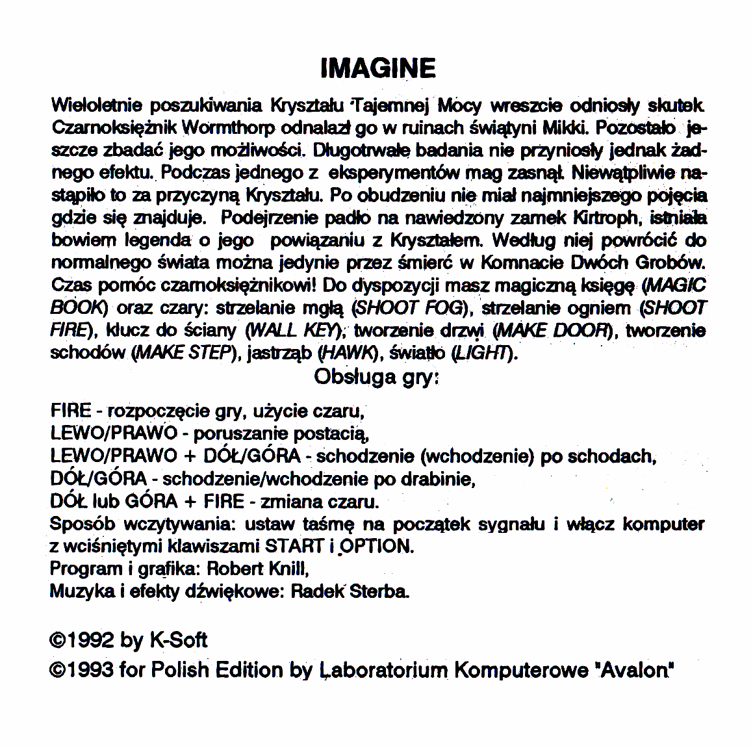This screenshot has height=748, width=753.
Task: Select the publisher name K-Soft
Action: click(179, 640)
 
